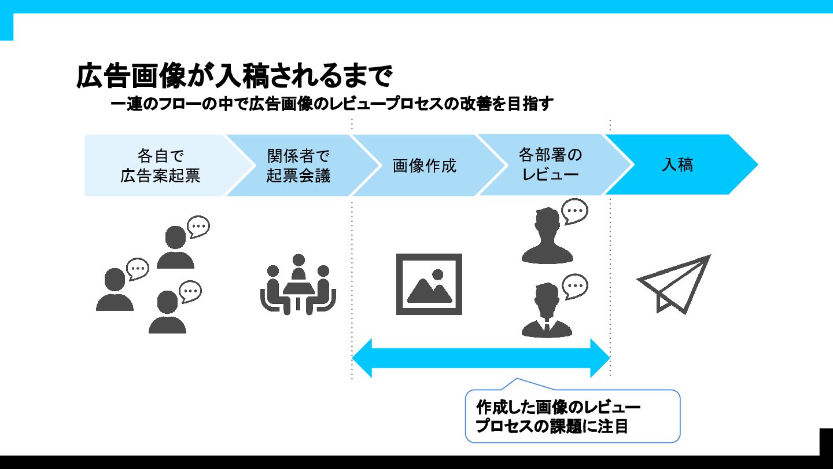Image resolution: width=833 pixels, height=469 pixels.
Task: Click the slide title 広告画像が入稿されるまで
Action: [x=234, y=76]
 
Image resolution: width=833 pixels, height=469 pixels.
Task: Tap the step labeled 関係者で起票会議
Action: [x=298, y=166]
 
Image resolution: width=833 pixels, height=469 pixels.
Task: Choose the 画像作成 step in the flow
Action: [x=424, y=166]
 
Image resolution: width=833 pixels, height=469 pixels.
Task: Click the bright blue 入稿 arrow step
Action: [x=677, y=165]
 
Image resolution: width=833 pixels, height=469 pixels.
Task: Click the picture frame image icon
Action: [x=429, y=284]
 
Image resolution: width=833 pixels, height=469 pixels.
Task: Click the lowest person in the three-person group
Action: [x=167, y=313]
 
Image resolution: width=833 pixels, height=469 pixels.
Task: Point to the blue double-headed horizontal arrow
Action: [x=481, y=358]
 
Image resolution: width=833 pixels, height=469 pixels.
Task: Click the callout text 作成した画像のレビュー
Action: [x=558, y=406]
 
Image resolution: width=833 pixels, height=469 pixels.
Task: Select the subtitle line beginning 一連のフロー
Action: [x=332, y=105]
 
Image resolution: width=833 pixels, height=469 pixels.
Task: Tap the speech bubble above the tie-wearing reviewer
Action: [x=575, y=286]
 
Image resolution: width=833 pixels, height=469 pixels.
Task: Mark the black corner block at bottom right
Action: [x=826, y=443]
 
